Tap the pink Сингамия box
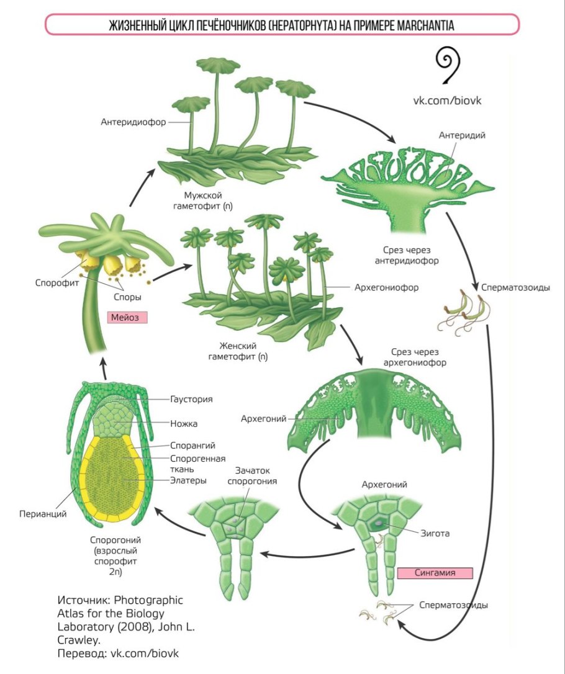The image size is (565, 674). tap(435, 573)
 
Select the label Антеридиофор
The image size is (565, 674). tap(133, 122)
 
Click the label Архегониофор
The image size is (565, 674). tap(386, 288)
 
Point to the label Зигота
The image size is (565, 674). tap(435, 532)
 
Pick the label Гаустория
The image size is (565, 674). tap(191, 399)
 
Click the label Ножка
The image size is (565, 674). tap(184, 424)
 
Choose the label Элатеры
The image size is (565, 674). tap(188, 480)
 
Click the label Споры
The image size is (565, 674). tap(127, 297)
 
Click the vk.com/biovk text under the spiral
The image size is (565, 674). tap(448, 99)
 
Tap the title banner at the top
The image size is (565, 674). tap(282, 25)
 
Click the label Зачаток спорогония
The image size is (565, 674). tap(251, 475)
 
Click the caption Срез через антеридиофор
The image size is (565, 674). tap(407, 255)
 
